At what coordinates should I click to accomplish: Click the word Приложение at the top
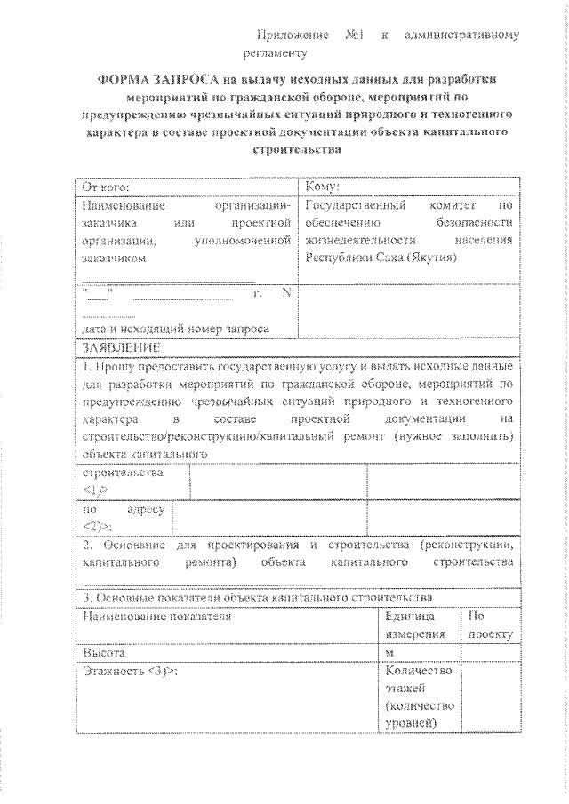290,36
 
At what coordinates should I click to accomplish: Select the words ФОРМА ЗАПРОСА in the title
154,79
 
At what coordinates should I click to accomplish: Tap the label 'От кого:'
106,187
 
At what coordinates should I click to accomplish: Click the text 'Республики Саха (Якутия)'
381,258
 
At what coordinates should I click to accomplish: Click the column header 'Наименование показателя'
157,615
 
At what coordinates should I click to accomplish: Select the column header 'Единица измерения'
416,624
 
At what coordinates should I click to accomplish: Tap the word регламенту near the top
282,53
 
